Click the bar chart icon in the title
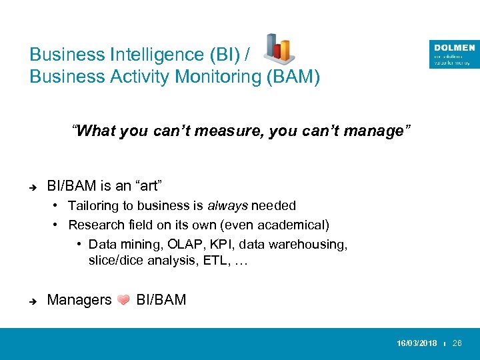[x=279, y=48]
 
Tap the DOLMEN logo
[x=454, y=54]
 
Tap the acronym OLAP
[x=181, y=244]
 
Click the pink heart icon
[x=123, y=301]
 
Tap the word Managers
[x=79, y=300]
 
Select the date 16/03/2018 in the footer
[x=417, y=343]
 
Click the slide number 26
[x=457, y=343]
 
